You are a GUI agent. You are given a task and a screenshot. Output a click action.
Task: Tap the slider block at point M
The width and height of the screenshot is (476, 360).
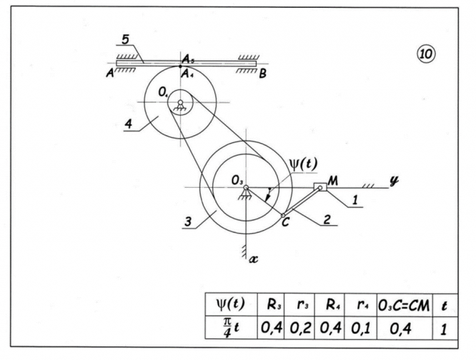pyautogui.click(x=319, y=187)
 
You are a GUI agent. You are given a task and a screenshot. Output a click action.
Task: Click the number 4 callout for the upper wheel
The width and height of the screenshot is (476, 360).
pyautogui.click(x=127, y=125)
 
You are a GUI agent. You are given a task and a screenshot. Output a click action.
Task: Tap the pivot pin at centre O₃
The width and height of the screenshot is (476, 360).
pyautogui.click(x=245, y=188)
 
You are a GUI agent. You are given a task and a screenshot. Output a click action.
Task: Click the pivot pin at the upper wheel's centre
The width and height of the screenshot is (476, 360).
pyautogui.click(x=181, y=104)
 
